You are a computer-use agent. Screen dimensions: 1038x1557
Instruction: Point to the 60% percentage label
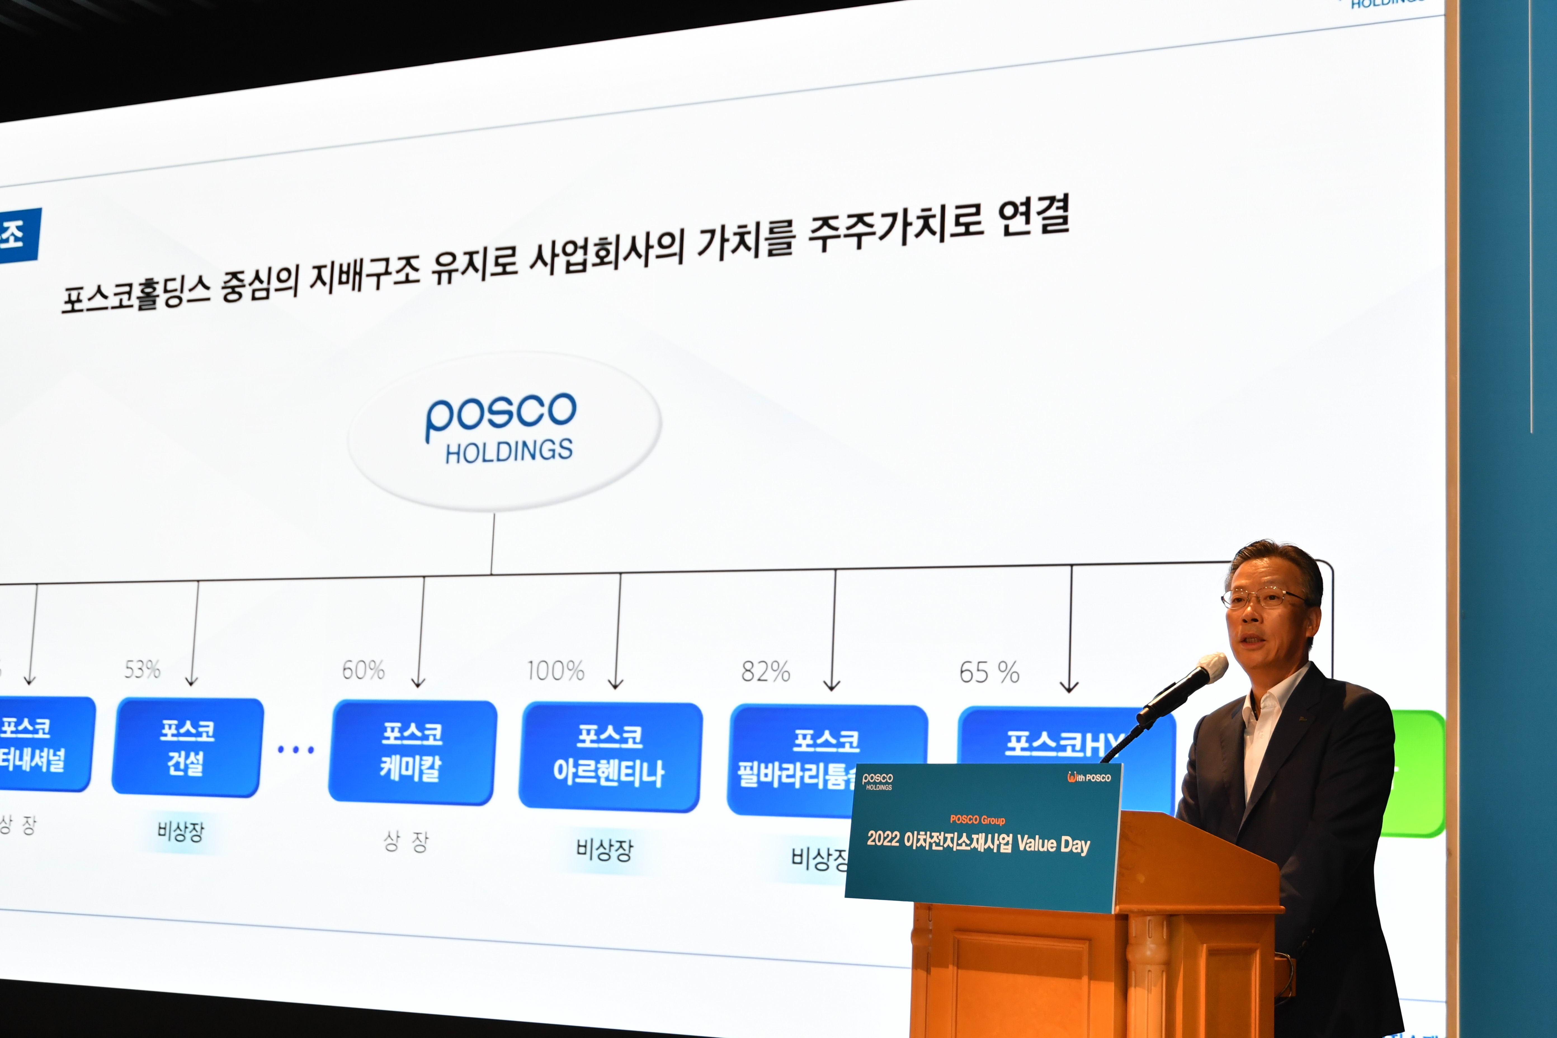click(363, 670)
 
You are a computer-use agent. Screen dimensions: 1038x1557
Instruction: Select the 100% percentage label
click(555, 671)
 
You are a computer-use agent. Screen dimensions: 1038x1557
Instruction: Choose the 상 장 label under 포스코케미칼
click(406, 841)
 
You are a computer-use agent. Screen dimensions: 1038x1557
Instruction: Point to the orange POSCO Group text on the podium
click(977, 820)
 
